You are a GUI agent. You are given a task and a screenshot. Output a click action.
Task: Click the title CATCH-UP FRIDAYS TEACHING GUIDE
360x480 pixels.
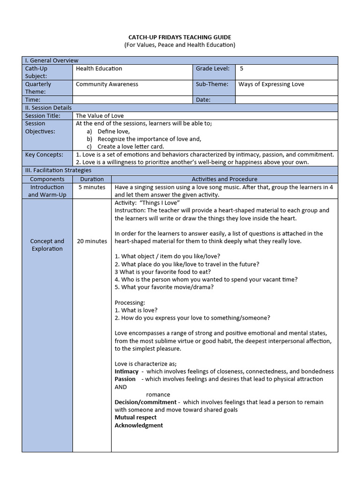pos(180,37)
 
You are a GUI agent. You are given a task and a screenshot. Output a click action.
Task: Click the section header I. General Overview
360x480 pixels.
pos(52,60)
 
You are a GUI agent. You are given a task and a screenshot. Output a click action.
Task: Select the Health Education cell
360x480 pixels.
pos(99,68)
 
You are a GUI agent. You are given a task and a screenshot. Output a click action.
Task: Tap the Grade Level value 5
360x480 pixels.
pos(241,68)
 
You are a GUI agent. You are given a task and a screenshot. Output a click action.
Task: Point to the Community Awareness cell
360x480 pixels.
pos(107,84)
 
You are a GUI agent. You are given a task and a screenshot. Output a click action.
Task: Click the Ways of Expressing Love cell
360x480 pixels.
pos(271,84)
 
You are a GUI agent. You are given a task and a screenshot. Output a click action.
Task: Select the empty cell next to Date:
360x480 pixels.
pos(286,100)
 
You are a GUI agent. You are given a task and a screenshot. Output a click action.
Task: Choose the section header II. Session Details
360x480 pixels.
pos(48,108)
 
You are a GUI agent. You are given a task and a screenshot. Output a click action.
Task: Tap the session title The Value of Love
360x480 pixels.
pos(100,116)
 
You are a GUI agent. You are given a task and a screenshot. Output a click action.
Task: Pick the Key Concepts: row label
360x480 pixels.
pos(44,155)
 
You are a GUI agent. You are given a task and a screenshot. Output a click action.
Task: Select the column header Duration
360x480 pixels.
pos(92,179)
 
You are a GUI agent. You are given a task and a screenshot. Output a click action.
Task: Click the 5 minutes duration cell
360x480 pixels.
pos(92,187)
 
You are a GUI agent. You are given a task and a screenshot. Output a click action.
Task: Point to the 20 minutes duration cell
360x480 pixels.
pos(92,241)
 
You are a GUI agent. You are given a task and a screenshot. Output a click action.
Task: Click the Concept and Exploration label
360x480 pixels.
pos(47,245)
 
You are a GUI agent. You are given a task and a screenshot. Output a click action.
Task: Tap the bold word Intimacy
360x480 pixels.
pos(127,371)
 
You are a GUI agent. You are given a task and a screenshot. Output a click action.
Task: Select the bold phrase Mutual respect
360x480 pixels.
pos(136,417)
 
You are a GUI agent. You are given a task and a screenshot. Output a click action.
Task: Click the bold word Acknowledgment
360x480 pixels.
pos(139,425)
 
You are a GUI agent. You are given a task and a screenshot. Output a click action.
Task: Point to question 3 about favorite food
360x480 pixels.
pos(163,272)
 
